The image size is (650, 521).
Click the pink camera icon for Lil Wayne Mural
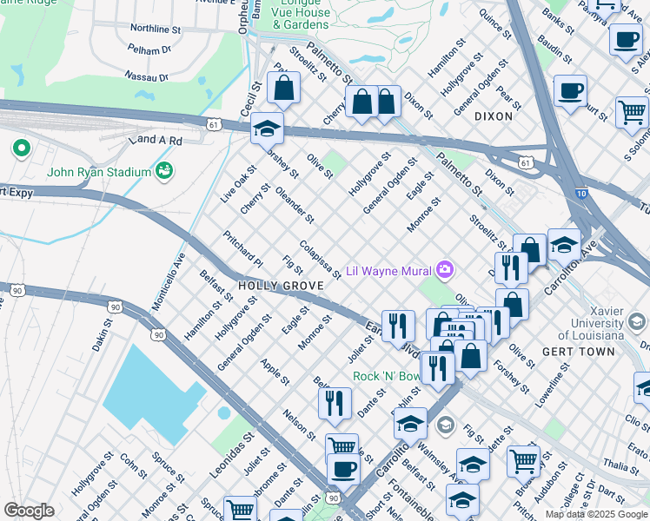tap(446, 269)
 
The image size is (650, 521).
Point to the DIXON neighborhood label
tap(494, 115)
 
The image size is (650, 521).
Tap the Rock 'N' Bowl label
tap(388, 377)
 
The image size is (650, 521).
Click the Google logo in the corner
tap(28, 511)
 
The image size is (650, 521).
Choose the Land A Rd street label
tap(155, 140)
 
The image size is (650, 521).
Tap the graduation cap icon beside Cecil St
tap(267, 130)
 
